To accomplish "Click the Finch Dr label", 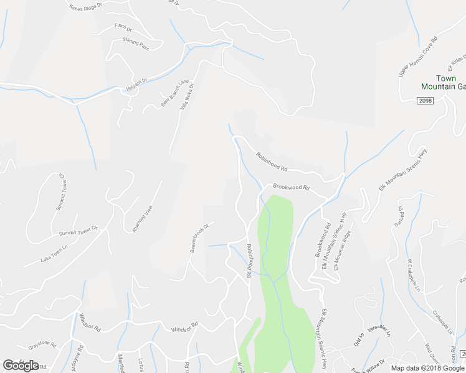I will pos(123,28).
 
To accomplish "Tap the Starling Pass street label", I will pos(136,45).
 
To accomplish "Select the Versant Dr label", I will pos(136,81).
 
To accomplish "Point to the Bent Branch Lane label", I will pos(174,93).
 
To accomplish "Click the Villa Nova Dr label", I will pos(188,96).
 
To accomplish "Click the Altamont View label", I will pos(142,218).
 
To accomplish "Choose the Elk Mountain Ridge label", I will pos(343,250).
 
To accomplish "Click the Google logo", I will pos(21,365).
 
